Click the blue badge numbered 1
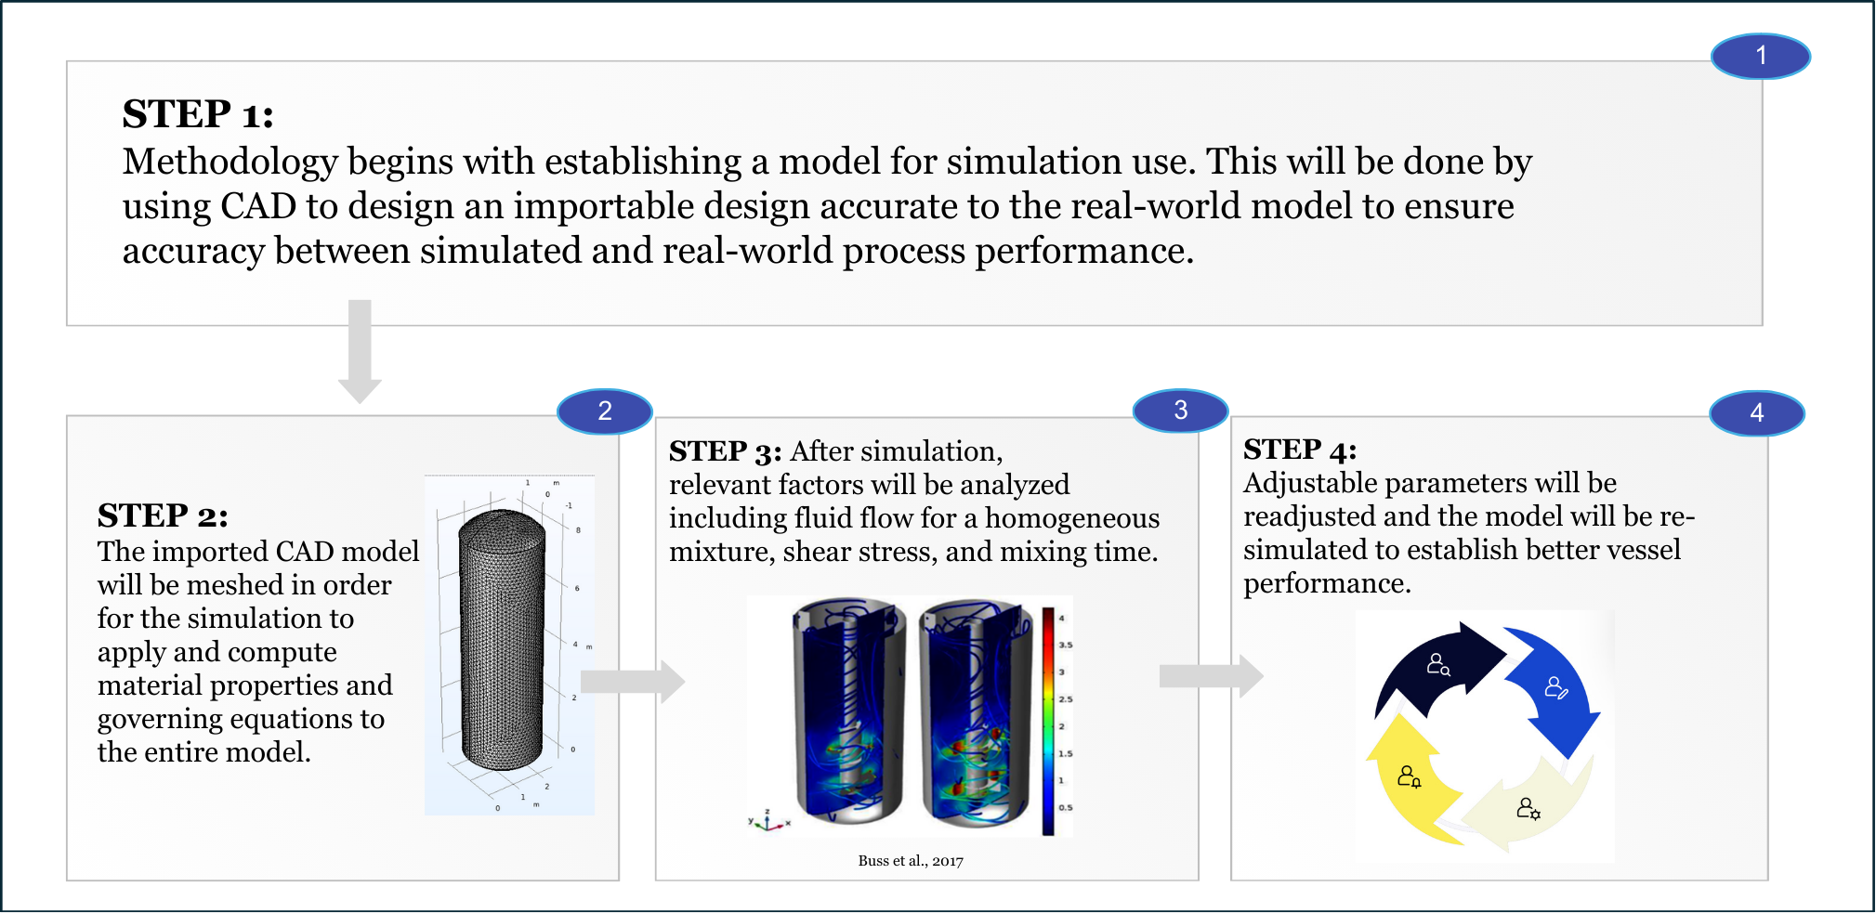[1760, 56]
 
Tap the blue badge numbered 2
[604, 411]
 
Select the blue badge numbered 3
[1180, 411]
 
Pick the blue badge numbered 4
[1756, 413]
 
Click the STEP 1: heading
[198, 114]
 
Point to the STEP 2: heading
[163, 515]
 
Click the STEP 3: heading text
[725, 451]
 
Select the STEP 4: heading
[1300, 450]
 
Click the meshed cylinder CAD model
[503, 641]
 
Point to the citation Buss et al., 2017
[911, 861]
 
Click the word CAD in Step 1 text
[257, 206]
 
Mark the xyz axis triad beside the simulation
[767, 820]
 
